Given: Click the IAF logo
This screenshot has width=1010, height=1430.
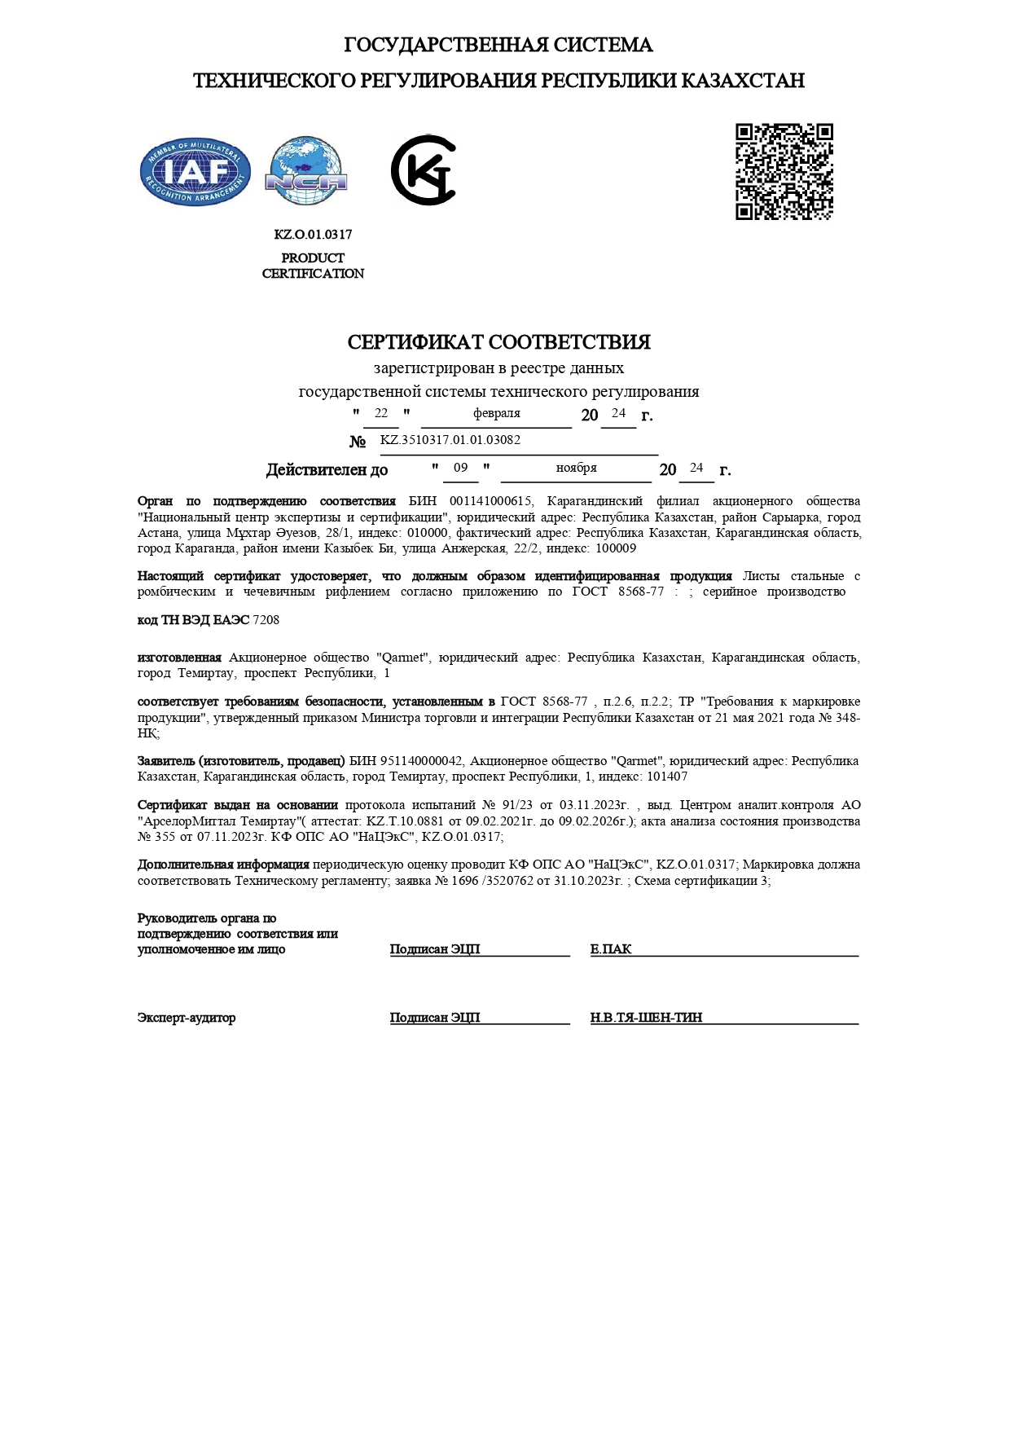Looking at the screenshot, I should pos(195,172).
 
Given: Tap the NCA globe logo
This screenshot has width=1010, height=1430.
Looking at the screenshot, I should pos(306,172).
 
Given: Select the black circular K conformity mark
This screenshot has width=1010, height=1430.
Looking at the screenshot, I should pos(424,170).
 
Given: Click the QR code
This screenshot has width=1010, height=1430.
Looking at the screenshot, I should pos(784,172).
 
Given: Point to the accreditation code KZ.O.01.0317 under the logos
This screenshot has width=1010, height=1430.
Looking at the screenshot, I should pos(313,235).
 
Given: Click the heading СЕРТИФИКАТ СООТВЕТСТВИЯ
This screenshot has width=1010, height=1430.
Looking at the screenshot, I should pos(498,342).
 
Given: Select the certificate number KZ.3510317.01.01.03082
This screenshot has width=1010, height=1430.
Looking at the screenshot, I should pos(450,440).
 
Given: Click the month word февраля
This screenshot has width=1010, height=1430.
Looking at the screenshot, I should pos(496,413).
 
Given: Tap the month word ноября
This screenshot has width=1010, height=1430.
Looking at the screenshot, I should pos(576,468).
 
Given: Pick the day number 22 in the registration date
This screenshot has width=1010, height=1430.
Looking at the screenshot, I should pos(381,413).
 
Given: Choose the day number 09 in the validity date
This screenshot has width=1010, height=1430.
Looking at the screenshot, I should pos(461,468).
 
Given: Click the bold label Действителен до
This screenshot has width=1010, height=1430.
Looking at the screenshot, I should pos(327,470).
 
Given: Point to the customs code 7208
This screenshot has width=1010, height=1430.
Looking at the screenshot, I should pos(266,620).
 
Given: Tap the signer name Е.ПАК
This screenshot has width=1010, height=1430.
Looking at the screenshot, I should pos(611,949).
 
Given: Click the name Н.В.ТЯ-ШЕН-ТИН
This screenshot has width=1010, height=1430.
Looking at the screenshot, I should pos(646,1018).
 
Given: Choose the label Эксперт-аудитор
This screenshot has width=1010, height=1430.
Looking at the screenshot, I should pos(187,1018).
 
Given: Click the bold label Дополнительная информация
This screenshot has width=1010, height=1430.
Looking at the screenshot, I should pos(223,865).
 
